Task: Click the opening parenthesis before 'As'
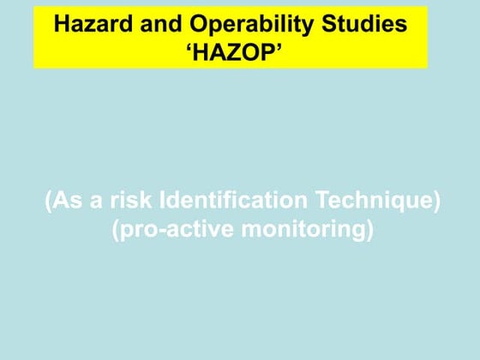(49, 203)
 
